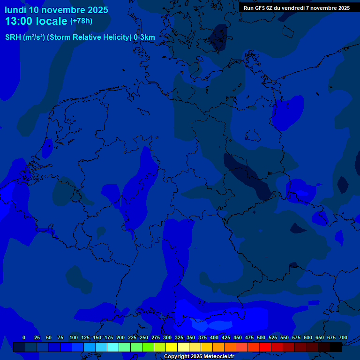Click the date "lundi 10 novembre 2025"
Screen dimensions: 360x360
point(56,10)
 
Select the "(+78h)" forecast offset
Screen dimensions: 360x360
point(81,21)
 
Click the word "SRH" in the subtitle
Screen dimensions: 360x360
point(13,37)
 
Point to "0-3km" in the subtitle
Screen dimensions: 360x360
point(144,37)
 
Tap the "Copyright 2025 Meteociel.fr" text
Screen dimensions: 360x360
point(199,356)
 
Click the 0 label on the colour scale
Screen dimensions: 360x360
point(24,337)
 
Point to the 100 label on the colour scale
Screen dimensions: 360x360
point(74,337)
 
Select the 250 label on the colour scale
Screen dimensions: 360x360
point(144,337)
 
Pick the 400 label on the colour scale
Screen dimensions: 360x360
point(214,337)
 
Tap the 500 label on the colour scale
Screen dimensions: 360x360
point(261,337)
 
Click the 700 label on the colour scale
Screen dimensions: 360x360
point(343,337)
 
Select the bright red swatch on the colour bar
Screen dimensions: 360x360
point(265,347)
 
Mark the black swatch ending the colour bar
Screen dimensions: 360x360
point(336,347)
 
